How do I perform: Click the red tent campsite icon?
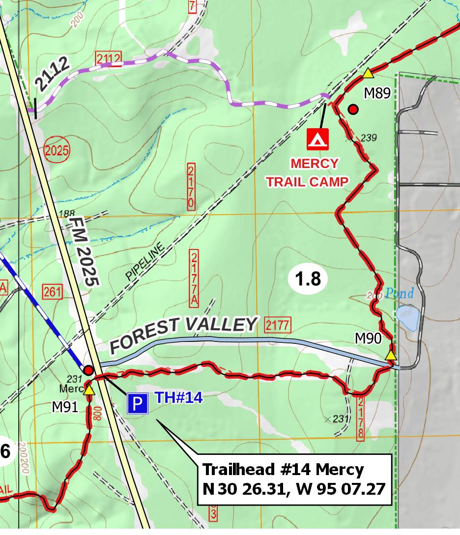(x=317, y=139)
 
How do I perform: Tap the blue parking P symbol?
(x=138, y=404)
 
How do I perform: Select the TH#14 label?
(x=179, y=397)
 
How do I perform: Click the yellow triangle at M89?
(x=368, y=74)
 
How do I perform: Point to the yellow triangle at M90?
(x=390, y=355)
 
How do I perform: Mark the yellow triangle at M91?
(x=89, y=391)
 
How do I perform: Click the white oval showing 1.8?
(x=308, y=279)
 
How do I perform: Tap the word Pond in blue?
(x=399, y=294)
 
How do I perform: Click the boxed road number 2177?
(x=277, y=325)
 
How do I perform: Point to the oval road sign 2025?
(x=57, y=150)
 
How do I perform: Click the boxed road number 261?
(x=52, y=292)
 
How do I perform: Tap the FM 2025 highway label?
(x=84, y=252)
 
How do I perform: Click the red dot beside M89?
(x=353, y=109)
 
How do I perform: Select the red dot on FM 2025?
(x=88, y=370)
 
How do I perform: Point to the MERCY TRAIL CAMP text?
(x=308, y=172)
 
